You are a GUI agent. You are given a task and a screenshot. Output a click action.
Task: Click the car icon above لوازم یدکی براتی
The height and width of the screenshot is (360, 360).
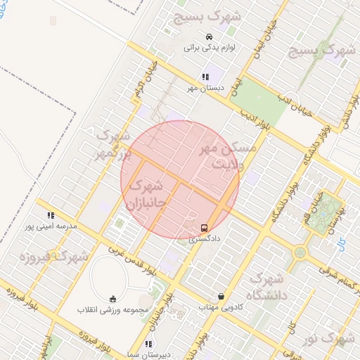(208, 37)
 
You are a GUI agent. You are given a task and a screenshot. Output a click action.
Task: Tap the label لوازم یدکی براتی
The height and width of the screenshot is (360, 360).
(209, 48)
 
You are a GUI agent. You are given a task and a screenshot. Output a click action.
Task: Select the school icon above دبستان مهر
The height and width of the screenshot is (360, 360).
(205, 77)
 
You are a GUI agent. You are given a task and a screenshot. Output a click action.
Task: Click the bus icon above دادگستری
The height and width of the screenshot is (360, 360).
(204, 228)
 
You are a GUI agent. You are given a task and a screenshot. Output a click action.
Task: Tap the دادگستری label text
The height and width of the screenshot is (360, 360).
(205, 239)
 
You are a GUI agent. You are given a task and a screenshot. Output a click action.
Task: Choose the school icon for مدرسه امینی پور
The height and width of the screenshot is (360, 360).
(50, 215)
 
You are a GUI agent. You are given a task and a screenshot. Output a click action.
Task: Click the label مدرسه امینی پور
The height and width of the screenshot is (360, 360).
(50, 226)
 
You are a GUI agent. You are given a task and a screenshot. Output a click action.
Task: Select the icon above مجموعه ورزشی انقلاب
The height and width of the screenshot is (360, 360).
(113, 298)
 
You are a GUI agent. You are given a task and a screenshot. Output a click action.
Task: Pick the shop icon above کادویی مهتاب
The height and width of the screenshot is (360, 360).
(221, 296)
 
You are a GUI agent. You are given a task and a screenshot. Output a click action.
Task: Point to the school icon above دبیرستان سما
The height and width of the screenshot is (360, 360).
(148, 344)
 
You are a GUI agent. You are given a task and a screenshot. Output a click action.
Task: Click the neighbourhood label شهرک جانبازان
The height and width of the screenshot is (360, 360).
(146, 196)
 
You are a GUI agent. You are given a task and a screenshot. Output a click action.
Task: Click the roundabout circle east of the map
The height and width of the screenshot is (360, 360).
(300, 252)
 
